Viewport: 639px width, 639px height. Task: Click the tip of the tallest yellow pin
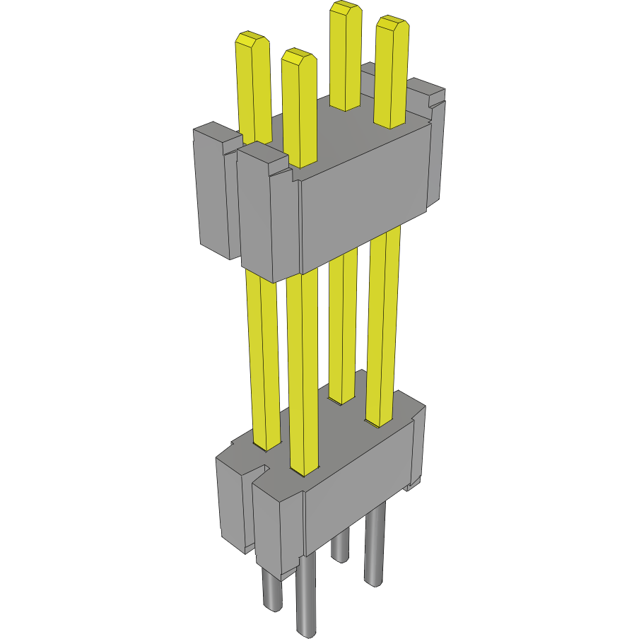pos(345,9)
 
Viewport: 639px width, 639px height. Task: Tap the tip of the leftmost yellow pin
pos(252,38)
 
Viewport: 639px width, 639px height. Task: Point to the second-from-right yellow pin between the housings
pos(344,325)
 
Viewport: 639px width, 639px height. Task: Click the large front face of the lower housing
pos(357,488)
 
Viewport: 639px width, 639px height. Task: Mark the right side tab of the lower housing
pos(418,445)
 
